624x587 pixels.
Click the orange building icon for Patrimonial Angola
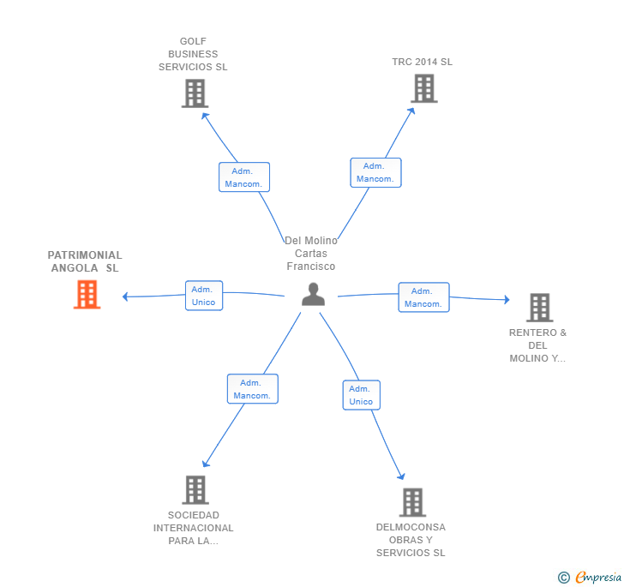[87, 295]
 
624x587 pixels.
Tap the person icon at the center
[313, 294]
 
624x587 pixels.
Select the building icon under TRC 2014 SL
[424, 88]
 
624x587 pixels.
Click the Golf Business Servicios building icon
[195, 93]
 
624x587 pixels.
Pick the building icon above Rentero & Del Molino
[540, 308]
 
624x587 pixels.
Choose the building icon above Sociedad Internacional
[195, 490]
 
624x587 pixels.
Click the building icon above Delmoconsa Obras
[412, 502]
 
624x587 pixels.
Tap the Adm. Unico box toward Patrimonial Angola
[204, 296]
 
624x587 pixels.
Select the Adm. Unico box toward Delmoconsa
[362, 395]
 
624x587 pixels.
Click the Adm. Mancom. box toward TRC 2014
[375, 173]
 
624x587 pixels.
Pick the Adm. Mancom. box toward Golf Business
[244, 177]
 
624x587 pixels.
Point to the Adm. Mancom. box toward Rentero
[423, 297]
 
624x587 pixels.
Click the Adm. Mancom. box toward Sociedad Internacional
[253, 389]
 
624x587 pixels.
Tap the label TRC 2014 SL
[423, 62]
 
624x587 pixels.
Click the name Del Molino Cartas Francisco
[311, 253]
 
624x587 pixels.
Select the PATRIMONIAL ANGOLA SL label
[85, 261]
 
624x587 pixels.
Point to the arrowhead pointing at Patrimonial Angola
[125, 296]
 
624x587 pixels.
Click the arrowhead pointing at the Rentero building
[507, 299]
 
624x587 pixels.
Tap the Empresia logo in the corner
[590, 577]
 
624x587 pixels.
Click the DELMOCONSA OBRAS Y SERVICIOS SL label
[411, 540]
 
